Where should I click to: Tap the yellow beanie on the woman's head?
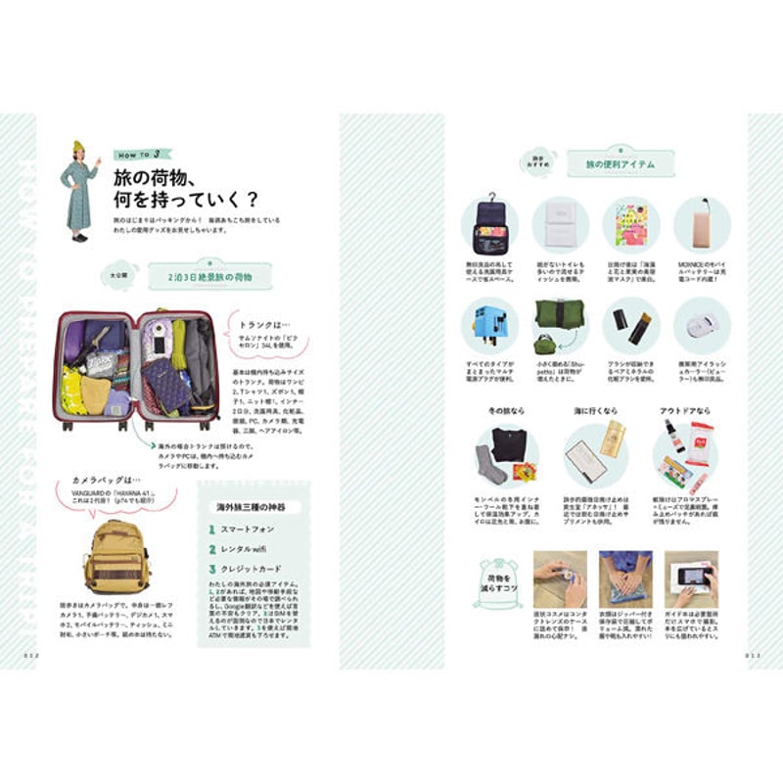pyautogui.click(x=78, y=147)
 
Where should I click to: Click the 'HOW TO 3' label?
pyautogui.click(x=141, y=154)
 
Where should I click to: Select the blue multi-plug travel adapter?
pyautogui.click(x=488, y=325)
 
